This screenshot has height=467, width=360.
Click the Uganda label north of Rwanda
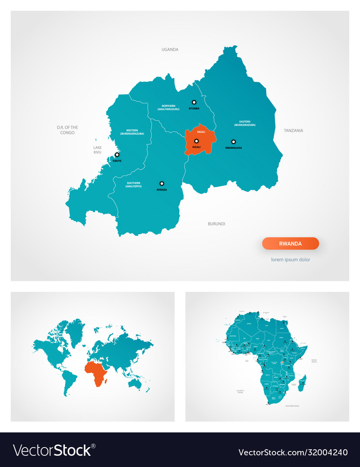tap(170, 50)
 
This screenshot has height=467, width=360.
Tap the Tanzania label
tap(293, 131)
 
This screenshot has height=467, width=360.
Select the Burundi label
tap(217, 224)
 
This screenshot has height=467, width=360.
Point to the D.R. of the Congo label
tap(67, 130)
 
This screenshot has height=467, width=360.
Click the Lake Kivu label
tap(97, 150)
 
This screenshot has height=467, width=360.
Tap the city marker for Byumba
tap(194, 102)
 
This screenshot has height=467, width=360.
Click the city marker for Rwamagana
tap(233, 141)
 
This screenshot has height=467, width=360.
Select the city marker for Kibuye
tap(117, 154)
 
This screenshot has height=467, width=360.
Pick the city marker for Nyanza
tap(162, 183)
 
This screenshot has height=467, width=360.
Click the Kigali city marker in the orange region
tap(196, 141)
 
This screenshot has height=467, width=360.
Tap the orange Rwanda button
tap(290, 243)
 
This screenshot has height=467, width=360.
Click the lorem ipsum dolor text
tap(290, 260)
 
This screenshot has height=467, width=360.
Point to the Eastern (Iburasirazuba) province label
tap(245, 123)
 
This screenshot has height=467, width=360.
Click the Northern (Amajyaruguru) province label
tap(168, 108)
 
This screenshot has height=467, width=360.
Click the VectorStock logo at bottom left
tap(54, 450)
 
